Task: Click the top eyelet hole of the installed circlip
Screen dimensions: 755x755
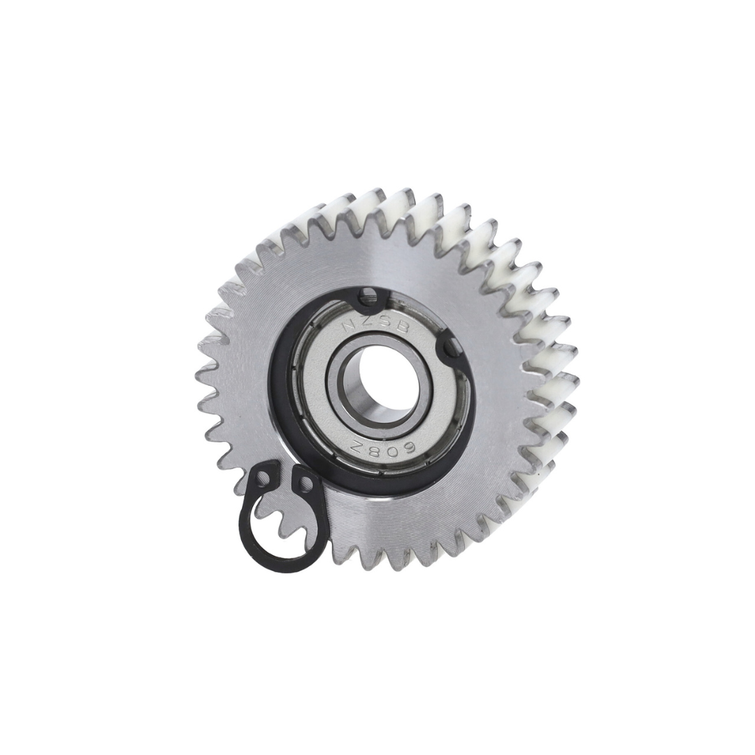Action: [x=370, y=299]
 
